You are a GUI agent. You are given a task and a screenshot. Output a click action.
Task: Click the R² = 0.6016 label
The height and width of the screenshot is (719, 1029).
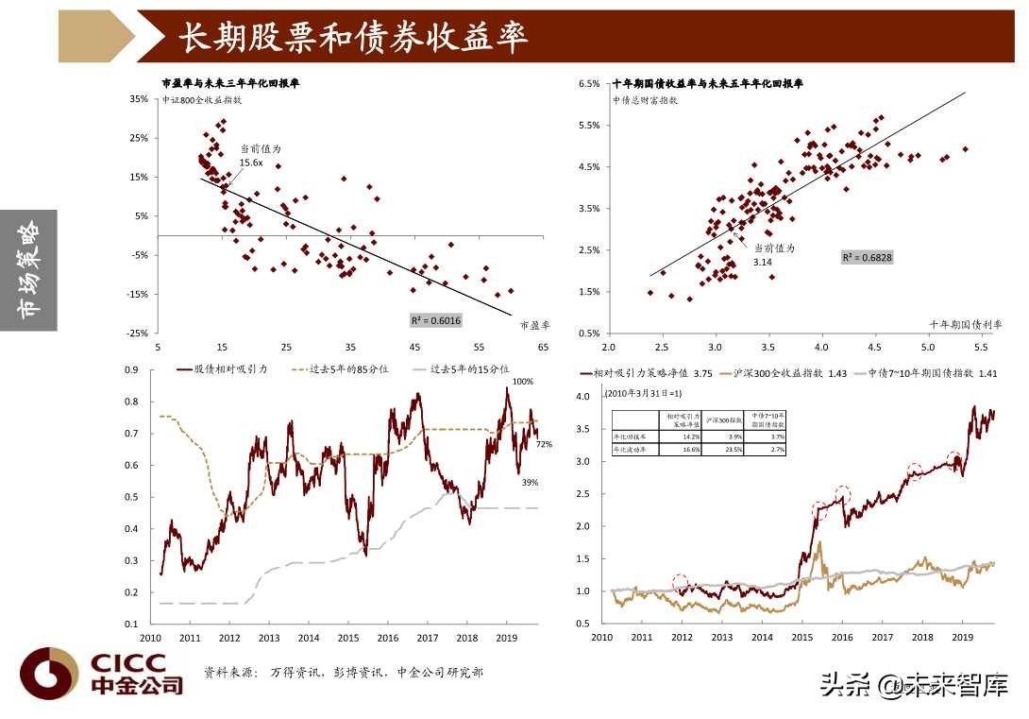pyautogui.click(x=435, y=320)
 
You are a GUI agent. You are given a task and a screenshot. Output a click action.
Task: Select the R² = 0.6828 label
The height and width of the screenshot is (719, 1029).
pyautogui.click(x=867, y=257)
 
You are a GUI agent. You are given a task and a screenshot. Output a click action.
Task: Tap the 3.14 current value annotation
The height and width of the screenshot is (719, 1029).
pyautogui.click(x=763, y=261)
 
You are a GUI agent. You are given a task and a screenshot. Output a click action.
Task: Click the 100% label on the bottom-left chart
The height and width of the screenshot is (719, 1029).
pyautogui.click(x=522, y=382)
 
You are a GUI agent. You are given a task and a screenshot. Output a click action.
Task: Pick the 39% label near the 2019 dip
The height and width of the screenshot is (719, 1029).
pyautogui.click(x=530, y=483)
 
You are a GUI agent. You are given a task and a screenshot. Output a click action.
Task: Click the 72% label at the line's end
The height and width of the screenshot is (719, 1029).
pyautogui.click(x=544, y=444)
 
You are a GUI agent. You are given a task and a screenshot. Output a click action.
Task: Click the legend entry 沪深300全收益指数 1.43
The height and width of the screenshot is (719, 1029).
pyautogui.click(x=783, y=374)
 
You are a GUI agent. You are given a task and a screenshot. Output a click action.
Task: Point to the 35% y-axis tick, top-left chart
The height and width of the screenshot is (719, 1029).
pyautogui.click(x=138, y=98)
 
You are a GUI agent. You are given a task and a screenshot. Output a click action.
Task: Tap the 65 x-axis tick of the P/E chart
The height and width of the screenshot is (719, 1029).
pyautogui.click(x=544, y=347)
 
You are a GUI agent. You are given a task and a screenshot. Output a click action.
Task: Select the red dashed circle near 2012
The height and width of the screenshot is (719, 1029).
pyautogui.click(x=681, y=582)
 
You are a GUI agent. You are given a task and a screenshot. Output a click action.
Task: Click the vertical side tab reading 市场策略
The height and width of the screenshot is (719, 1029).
pyautogui.click(x=28, y=270)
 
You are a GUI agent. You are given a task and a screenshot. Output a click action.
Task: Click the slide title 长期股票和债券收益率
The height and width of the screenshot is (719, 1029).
pyautogui.click(x=353, y=37)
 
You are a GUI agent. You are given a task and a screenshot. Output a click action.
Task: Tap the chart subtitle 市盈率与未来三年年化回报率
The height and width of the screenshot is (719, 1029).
pyautogui.click(x=230, y=84)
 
